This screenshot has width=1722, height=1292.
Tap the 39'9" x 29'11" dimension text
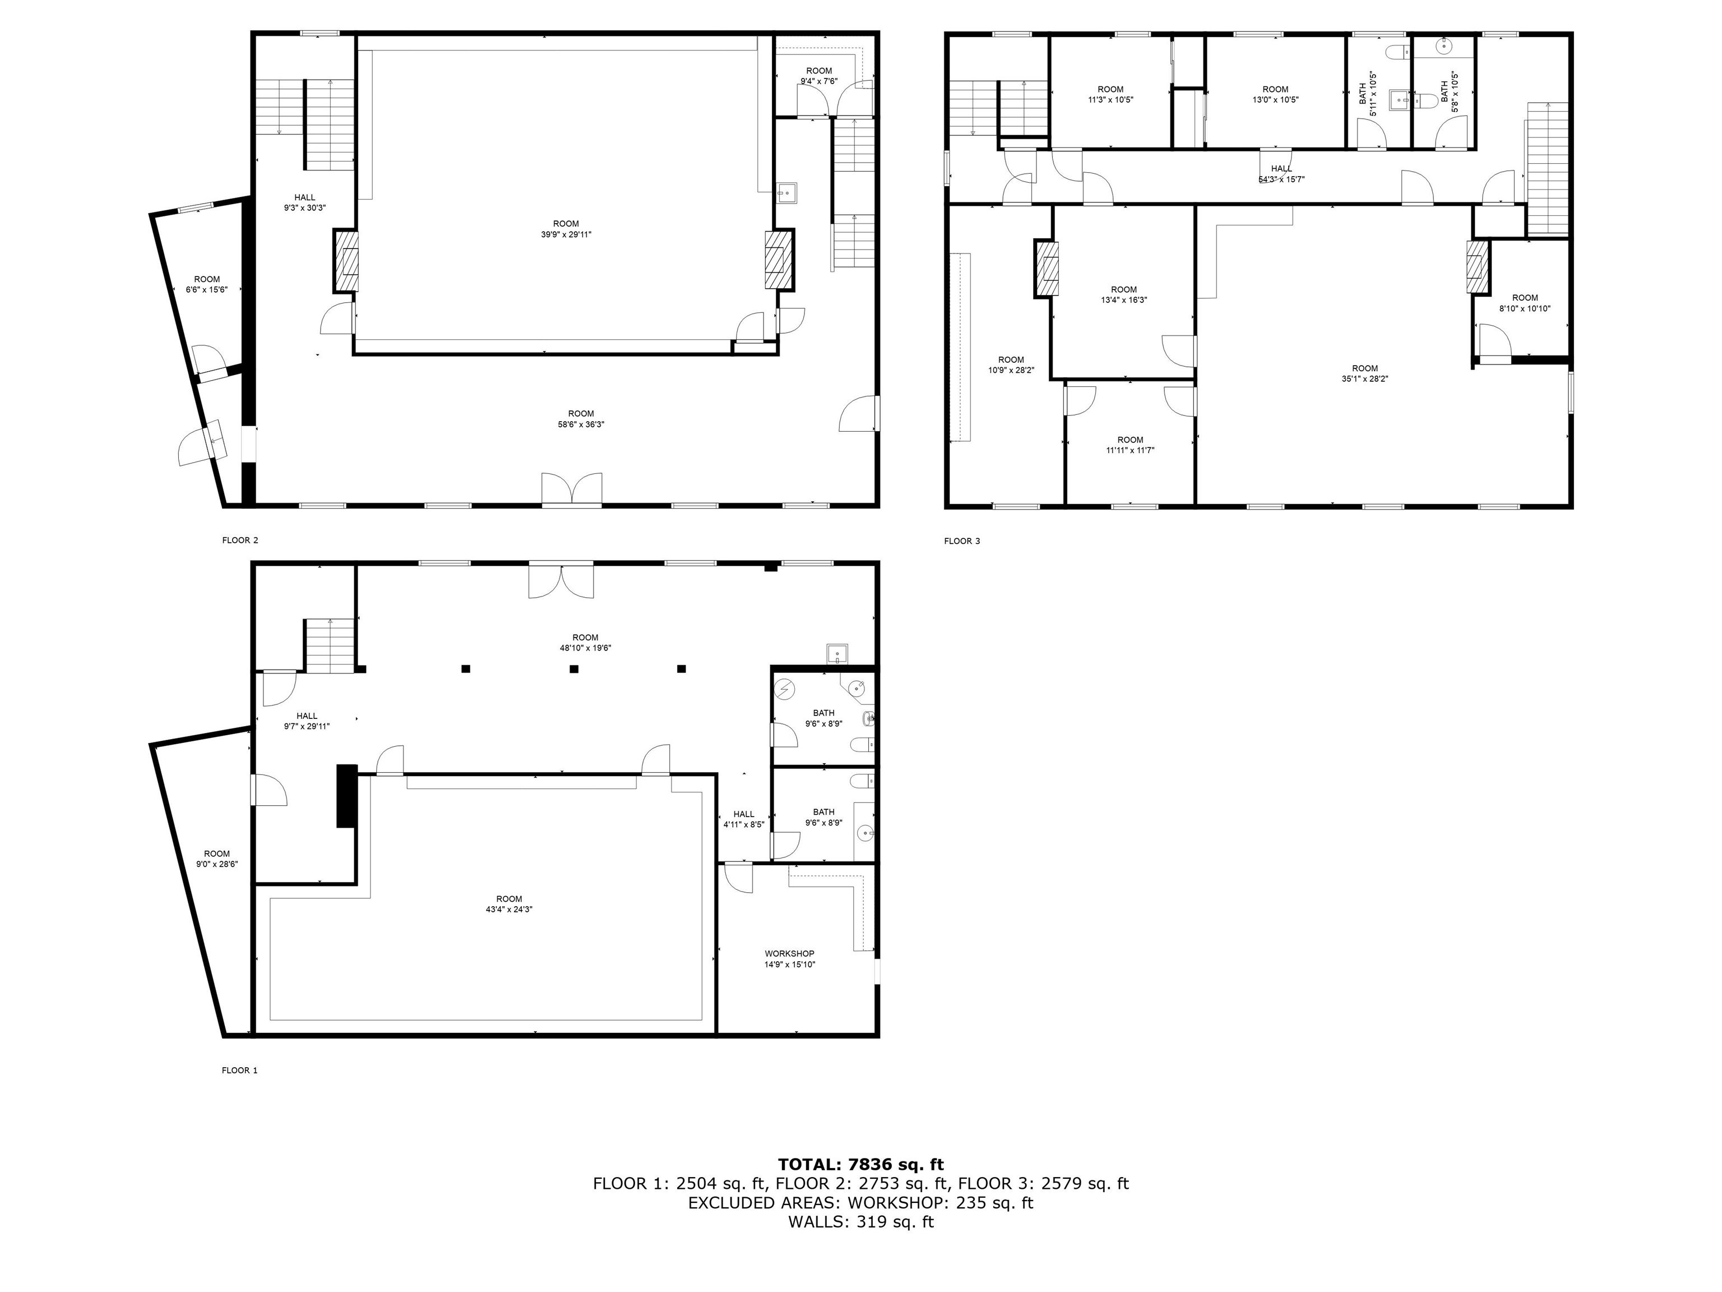point(566,234)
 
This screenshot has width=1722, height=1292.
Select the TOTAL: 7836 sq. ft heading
point(860,1164)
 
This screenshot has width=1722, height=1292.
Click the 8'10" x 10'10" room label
point(1524,303)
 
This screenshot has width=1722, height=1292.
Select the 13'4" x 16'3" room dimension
point(1123,300)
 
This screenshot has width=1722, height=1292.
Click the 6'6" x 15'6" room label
point(206,284)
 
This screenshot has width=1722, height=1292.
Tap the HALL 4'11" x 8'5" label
point(743,819)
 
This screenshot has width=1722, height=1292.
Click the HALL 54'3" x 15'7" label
point(1281,174)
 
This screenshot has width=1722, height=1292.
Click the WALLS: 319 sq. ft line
point(860,1222)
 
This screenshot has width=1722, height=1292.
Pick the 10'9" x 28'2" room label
point(1011,365)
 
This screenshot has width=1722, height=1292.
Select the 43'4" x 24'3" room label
point(508,904)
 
